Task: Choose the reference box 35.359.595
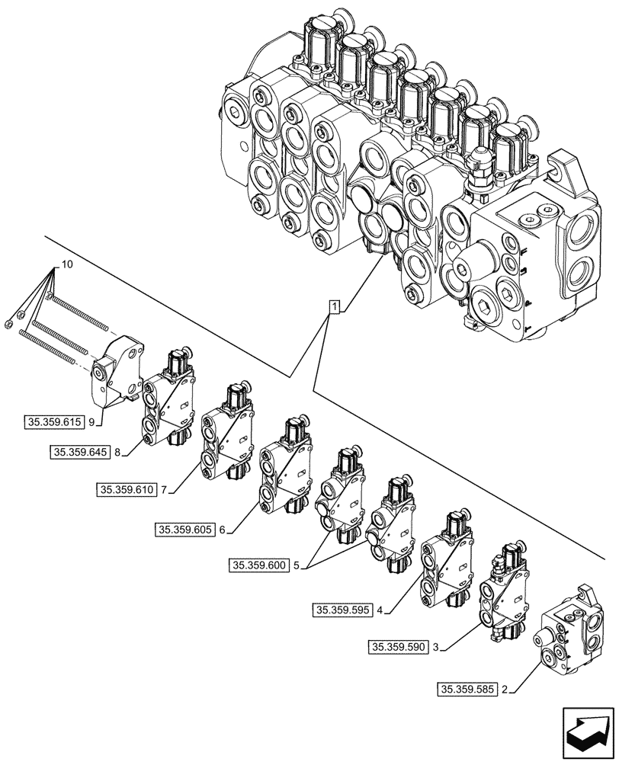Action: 342,609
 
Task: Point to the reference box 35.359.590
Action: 397,647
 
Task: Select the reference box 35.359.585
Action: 467,690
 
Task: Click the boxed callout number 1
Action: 334,307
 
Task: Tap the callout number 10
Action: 68,264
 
